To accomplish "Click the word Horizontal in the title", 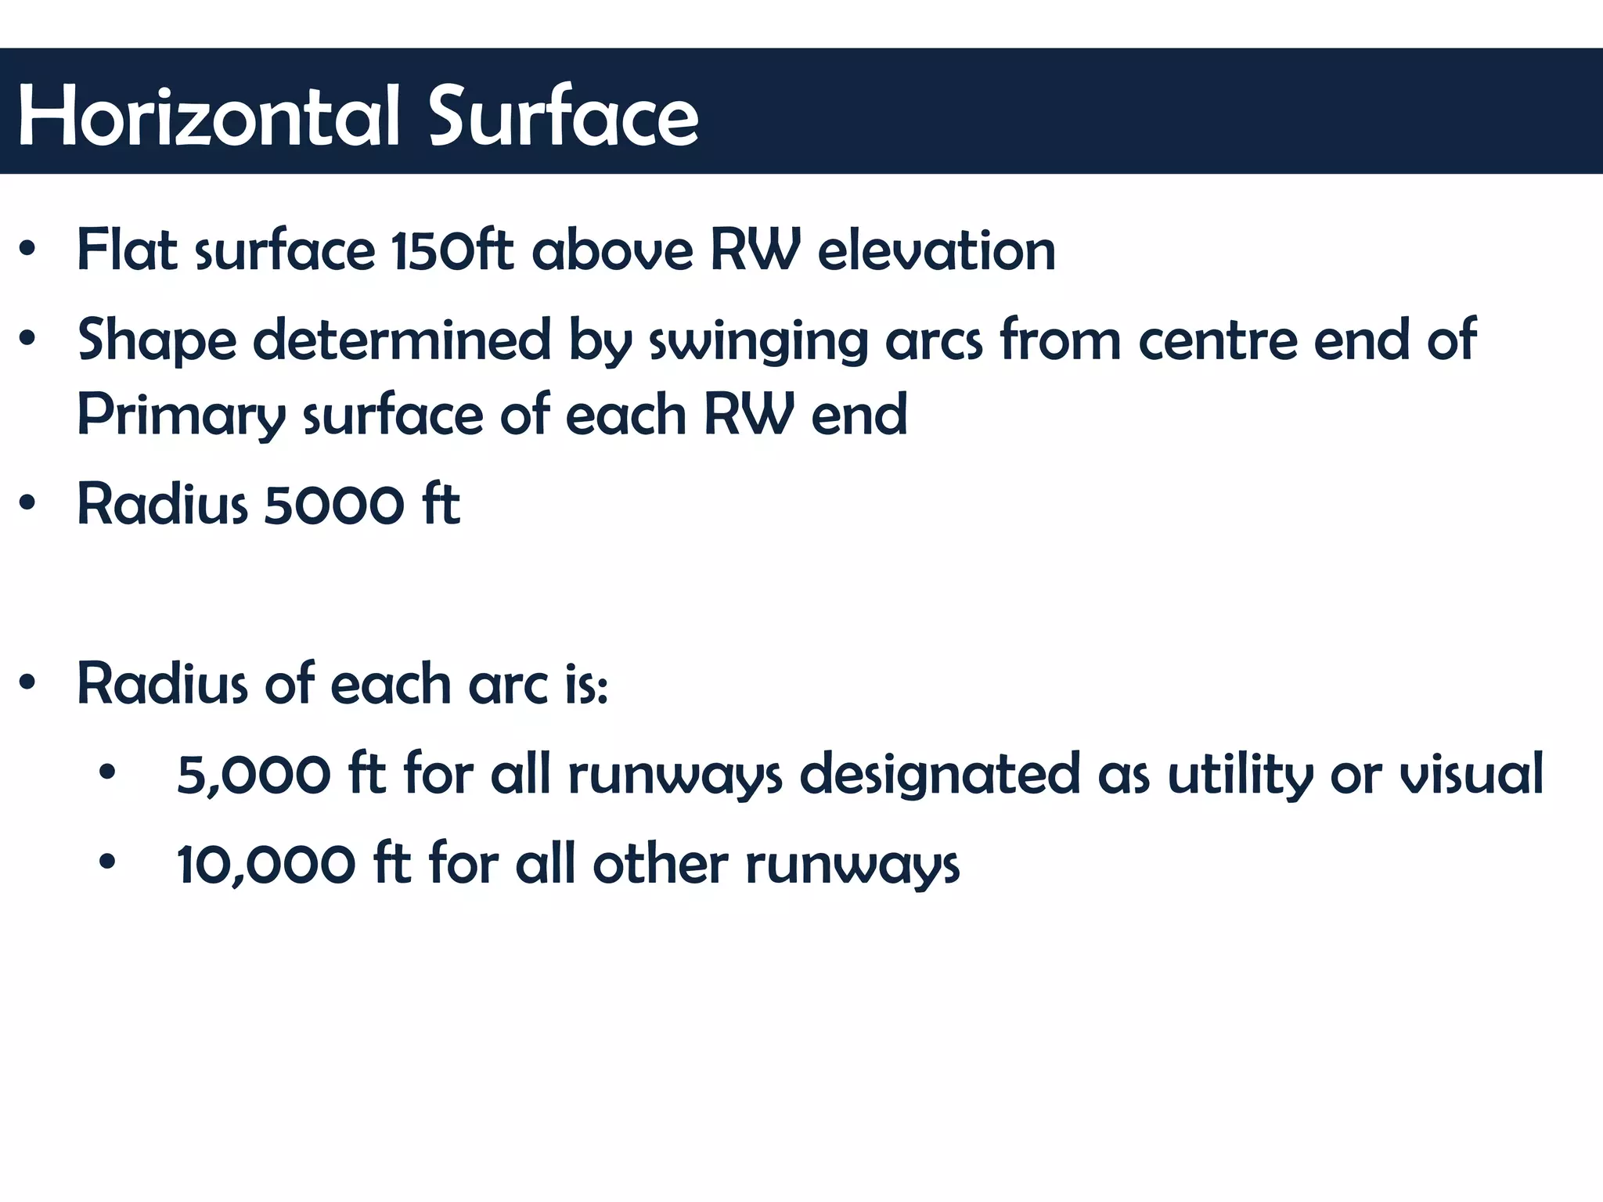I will [208, 116].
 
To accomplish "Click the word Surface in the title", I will [563, 116].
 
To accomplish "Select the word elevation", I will [936, 250].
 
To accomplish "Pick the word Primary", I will [181, 415].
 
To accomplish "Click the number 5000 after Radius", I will [334, 505].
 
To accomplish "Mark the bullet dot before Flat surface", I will [28, 250].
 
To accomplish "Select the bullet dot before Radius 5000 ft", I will [28, 504].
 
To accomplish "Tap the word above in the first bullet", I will [612, 250].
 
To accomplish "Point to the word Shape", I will [157, 341].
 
